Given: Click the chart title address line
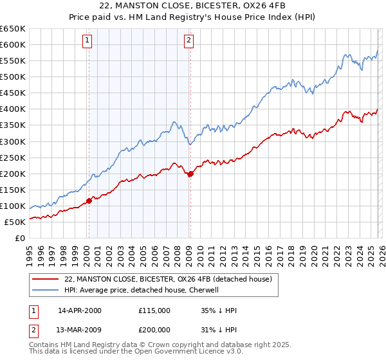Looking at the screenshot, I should tap(192, 6).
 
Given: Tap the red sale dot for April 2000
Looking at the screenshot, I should tap(89, 201).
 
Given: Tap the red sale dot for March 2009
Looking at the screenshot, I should tap(190, 174).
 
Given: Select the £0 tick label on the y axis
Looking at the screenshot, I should tap(19, 238).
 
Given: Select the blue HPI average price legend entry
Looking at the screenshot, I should tap(142, 290).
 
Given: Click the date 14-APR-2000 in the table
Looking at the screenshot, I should tap(80, 310).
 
